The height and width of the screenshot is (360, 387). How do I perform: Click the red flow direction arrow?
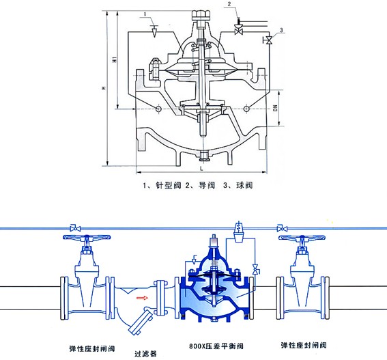[142, 298]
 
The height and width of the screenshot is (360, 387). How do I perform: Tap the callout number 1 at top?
[145, 14]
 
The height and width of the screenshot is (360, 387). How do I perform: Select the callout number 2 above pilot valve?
[229, 4]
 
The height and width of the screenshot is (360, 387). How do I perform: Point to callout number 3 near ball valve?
[281, 30]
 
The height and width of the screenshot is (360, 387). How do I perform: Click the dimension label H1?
[114, 59]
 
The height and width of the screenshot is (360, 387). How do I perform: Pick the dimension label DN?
[276, 108]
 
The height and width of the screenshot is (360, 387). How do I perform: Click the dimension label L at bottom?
[201, 169]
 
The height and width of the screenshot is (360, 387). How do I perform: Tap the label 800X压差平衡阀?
[216, 346]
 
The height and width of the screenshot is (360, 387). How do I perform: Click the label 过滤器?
[145, 354]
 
